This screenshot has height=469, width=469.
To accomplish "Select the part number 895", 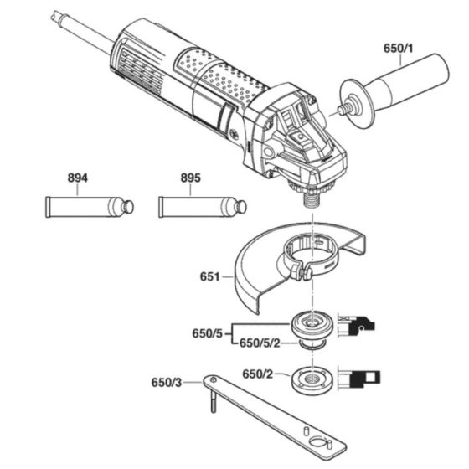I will (x=190, y=178).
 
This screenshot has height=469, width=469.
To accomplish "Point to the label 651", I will (x=210, y=276).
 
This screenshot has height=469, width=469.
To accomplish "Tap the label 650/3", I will (x=167, y=381).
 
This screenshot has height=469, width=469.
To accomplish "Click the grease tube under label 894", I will (x=84, y=206).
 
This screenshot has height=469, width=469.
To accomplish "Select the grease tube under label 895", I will (x=198, y=206).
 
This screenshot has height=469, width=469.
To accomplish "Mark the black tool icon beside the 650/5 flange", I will (x=358, y=326).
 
